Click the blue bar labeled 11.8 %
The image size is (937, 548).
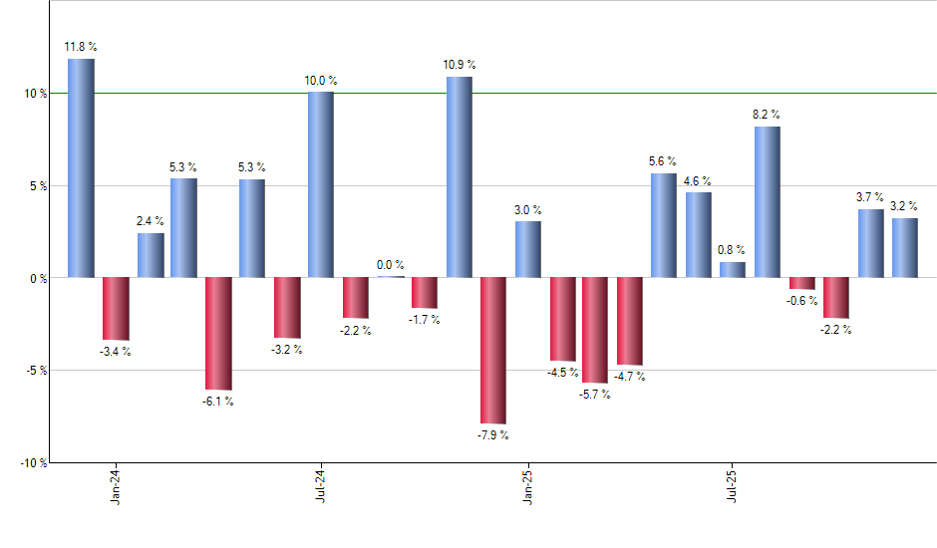pos(81,167)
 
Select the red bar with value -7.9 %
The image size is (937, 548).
pos(493,351)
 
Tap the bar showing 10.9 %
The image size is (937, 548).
pos(459,176)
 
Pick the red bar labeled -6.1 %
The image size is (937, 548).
pos(218,333)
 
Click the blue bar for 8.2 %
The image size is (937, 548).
pos(768,201)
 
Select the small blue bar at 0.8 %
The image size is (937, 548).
pos(733,269)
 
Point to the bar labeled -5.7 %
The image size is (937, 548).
pos(596,330)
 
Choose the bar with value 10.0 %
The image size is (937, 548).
pos(321,184)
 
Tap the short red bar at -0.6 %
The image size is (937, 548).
pos(801,283)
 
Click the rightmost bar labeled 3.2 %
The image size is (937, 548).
pos(905,247)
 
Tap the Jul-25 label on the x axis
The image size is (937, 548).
pos(734,485)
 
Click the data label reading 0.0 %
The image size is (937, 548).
pos(391,265)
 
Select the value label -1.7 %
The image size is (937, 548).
pos(425,320)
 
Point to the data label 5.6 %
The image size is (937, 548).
pos(663,161)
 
